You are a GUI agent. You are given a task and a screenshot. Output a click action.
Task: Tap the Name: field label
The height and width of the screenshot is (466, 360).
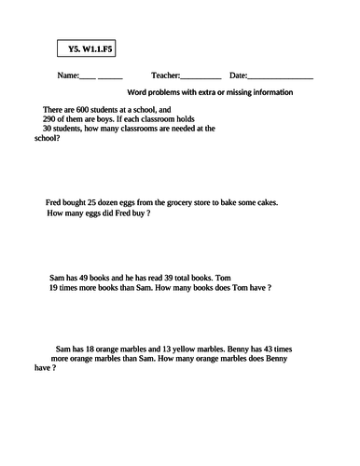69,75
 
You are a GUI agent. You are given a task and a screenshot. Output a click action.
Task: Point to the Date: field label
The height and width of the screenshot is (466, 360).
238,75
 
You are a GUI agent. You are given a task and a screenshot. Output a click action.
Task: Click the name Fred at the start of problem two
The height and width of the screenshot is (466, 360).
54,202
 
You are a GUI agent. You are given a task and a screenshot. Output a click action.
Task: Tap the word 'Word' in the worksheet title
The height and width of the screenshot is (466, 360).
137,92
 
